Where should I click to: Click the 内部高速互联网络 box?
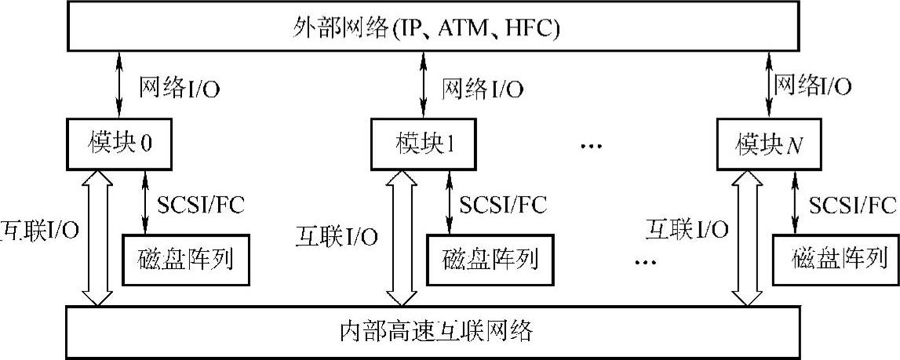coord(450,330)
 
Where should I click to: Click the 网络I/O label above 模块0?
coord(179,87)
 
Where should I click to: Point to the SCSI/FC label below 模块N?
coord(852,205)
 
